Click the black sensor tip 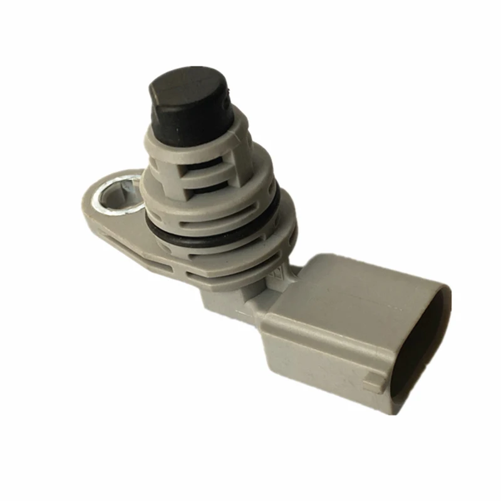pos(188,103)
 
